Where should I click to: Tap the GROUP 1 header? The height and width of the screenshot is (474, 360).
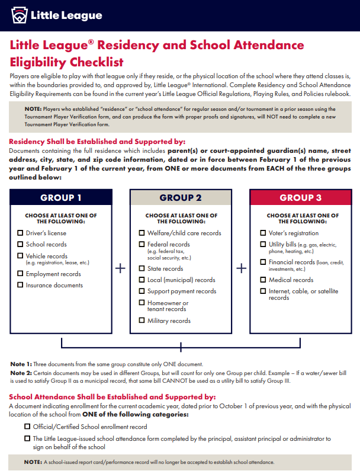tap(61, 198)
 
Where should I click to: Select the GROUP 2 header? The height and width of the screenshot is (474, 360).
tap(181, 198)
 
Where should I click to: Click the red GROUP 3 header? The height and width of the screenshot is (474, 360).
tap(301, 198)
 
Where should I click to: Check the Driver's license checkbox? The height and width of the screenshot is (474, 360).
tap(20, 233)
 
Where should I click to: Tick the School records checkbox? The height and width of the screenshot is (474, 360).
tap(20, 244)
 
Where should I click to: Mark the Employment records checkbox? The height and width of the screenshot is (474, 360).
tap(20, 274)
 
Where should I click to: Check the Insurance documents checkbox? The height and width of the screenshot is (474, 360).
tap(20, 285)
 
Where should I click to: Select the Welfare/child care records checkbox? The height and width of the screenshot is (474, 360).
tap(142, 233)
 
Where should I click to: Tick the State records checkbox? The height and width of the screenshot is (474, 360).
tap(142, 268)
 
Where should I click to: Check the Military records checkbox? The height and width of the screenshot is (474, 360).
tap(142, 321)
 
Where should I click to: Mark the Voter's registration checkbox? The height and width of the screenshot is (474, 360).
tap(263, 233)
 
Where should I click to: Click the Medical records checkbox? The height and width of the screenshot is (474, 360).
tap(263, 280)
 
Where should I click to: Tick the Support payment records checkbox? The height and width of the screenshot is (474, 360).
tap(142, 291)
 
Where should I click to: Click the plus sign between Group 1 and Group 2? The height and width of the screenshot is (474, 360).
tap(120, 268)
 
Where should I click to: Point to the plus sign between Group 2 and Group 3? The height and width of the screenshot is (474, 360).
tap(241, 268)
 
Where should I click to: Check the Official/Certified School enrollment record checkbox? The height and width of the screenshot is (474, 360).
tap(27, 427)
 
